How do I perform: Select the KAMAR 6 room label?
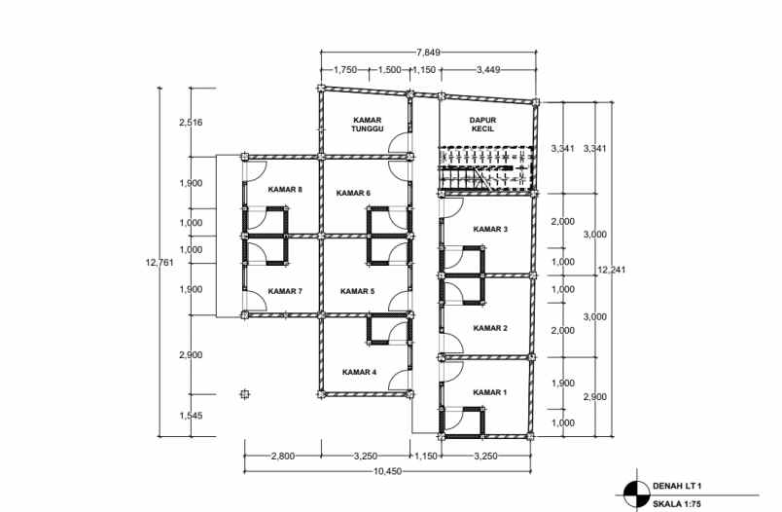354,193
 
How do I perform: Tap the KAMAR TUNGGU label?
371,123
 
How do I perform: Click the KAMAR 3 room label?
490,229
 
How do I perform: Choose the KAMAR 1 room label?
490,392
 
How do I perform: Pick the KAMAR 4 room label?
359,372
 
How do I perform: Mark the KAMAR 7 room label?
286,291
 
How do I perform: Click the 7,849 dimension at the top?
429,52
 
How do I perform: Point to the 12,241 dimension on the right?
613,270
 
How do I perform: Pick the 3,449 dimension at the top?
491,70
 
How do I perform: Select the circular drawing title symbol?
634,494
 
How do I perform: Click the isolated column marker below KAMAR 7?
244,393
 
